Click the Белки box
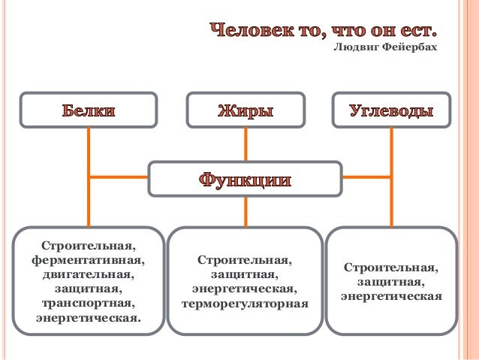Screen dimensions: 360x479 [89, 110]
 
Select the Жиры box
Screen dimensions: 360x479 [245, 110]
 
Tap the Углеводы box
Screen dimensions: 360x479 [391, 110]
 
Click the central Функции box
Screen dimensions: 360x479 [245, 180]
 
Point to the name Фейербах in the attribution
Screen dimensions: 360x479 [408, 48]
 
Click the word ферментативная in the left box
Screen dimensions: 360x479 [89, 260]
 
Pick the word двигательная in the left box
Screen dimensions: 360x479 [89, 274]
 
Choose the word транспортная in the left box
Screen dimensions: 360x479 [89, 303]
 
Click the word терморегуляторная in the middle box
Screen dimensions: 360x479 [245, 304]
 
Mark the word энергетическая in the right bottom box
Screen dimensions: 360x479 [390, 295]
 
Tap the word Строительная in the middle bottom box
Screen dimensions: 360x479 [245, 260]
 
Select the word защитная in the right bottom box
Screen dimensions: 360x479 [390, 281]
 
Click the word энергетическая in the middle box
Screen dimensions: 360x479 [245, 289]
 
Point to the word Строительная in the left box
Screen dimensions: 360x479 [89, 246]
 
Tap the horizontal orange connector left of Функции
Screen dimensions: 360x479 [119, 177]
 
